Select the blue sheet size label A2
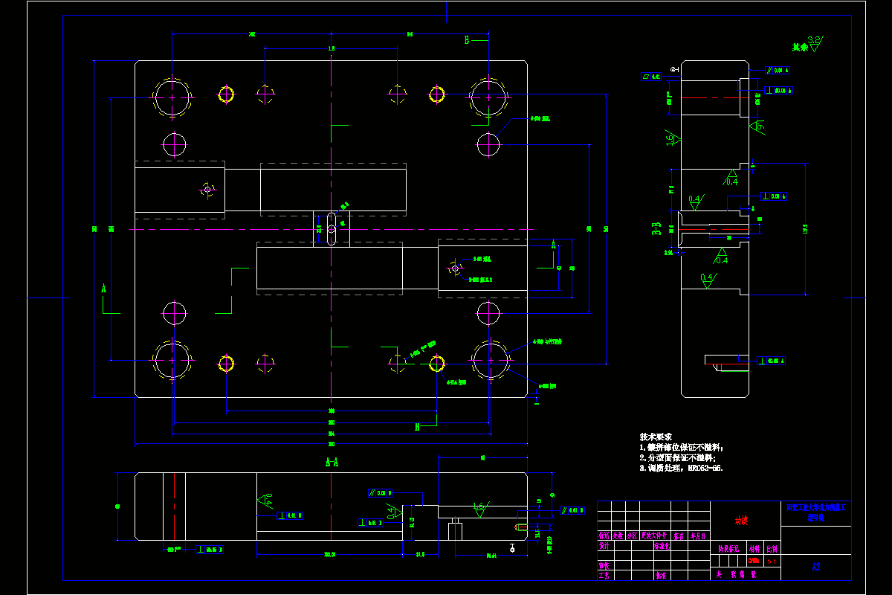815,567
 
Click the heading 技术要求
656,437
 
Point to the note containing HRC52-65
681,469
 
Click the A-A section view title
332,462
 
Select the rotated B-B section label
657,228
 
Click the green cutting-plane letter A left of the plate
104,287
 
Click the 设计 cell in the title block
604,546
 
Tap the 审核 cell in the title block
604,565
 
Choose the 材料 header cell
754,546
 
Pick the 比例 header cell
772,546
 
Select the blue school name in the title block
815,512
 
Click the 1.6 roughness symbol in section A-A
479,507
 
